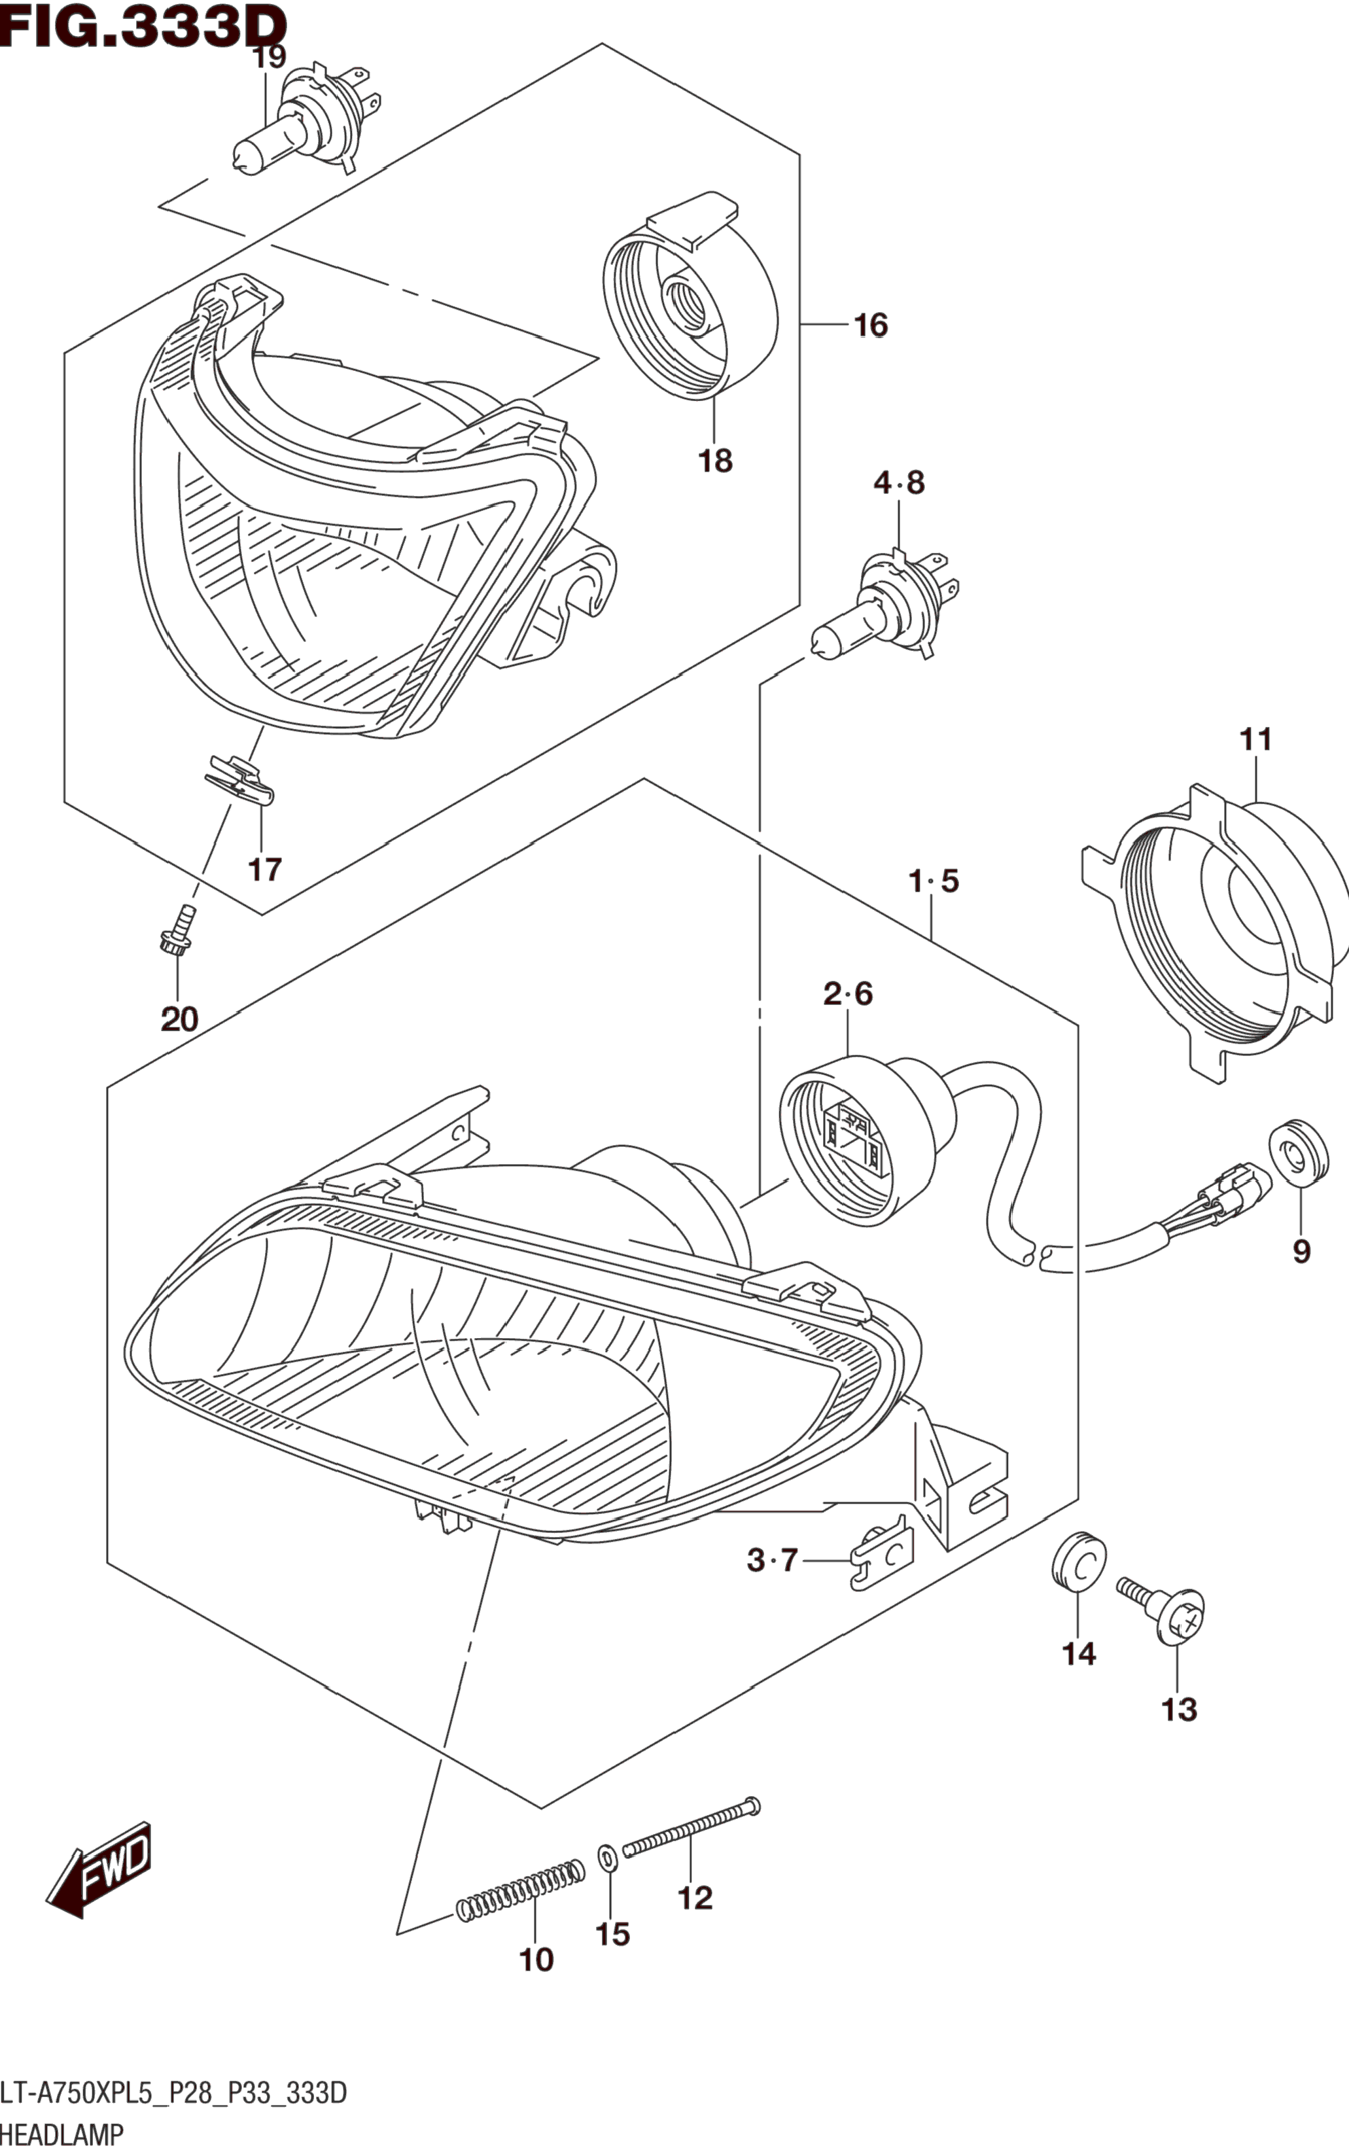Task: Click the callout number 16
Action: click(870, 326)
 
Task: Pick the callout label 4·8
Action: click(898, 484)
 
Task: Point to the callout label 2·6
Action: click(848, 994)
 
